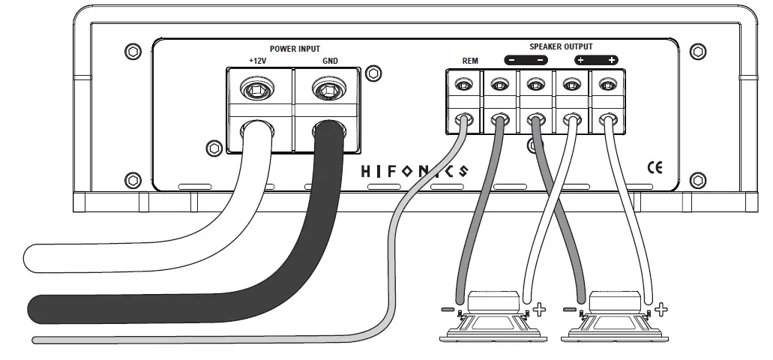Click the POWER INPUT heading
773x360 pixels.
(x=294, y=49)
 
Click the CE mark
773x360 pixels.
(x=654, y=166)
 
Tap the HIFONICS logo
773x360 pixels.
(x=414, y=170)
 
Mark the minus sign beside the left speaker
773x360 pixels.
(x=447, y=308)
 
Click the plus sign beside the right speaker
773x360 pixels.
(x=661, y=308)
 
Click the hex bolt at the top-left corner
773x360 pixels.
(x=133, y=51)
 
